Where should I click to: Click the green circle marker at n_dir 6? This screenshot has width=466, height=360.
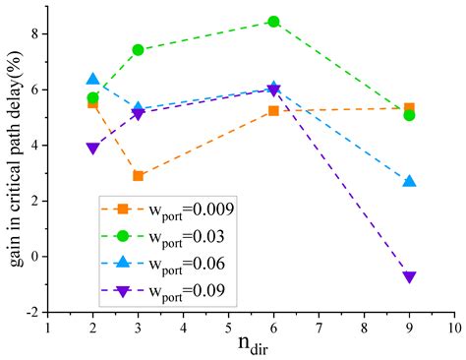pos(273,21)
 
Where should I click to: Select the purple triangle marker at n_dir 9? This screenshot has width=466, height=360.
pos(409,277)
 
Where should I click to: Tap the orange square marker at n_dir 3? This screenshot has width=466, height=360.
pos(139,176)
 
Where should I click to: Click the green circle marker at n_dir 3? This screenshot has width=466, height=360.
pos(139,49)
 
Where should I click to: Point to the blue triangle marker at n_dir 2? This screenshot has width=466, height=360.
pos(93,80)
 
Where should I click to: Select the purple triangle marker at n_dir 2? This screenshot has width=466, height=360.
pos(93,149)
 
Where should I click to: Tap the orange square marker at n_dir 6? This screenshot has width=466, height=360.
pos(273,111)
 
